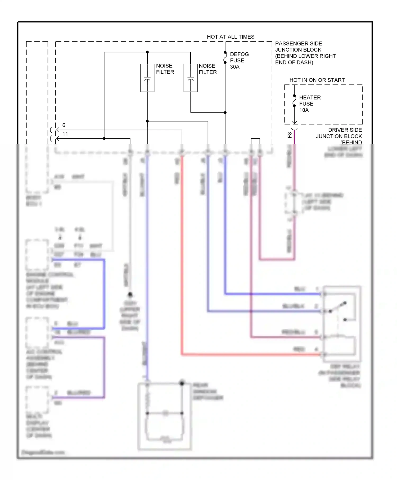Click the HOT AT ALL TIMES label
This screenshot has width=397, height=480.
point(230,37)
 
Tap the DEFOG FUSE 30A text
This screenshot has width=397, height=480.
point(239,60)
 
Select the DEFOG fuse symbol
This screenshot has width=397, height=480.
point(225,57)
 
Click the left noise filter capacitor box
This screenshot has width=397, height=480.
point(147,78)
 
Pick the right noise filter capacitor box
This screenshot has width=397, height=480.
point(190,78)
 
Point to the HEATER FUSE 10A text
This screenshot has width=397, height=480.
point(310,104)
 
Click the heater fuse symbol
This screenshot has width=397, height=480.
point(294,101)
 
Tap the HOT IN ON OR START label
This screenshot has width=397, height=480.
point(317,80)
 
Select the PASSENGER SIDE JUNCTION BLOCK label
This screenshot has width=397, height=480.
point(305,53)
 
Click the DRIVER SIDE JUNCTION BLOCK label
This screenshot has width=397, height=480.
point(339,136)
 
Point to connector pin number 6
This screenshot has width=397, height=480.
point(64,125)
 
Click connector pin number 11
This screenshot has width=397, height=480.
point(65,134)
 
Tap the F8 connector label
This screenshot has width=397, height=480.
point(290,135)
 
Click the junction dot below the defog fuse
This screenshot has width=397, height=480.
point(225,112)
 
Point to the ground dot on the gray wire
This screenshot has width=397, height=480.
point(130,295)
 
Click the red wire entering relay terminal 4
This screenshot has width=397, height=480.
point(251,354)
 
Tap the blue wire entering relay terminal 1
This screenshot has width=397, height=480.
point(273,294)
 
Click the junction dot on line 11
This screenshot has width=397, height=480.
point(104,138)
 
